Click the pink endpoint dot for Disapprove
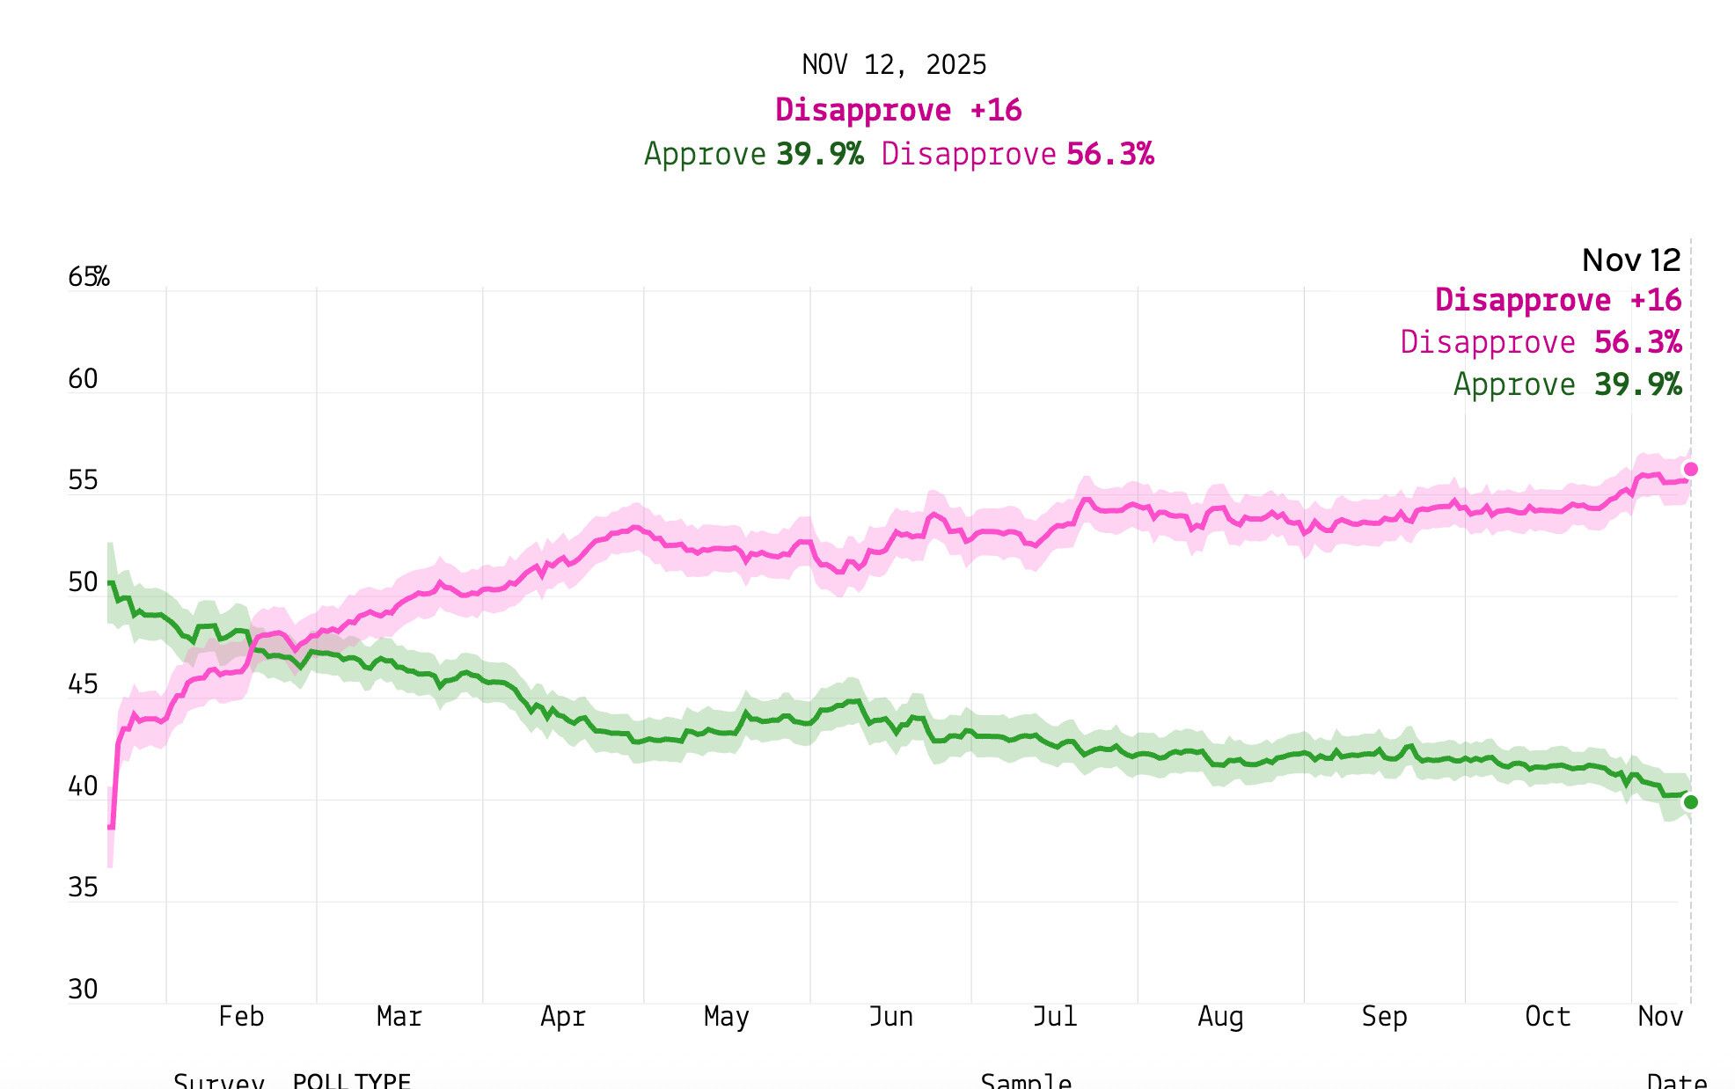click(x=1690, y=470)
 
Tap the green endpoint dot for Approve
click(x=1690, y=802)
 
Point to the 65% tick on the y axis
click(x=88, y=277)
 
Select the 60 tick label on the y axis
click(x=83, y=379)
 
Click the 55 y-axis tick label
click(x=83, y=480)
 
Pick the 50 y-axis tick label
click(x=83, y=582)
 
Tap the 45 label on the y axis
click(x=83, y=684)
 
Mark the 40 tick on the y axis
click(x=83, y=786)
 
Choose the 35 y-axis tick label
click(x=83, y=888)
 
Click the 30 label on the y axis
click(x=83, y=990)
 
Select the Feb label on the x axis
click(x=241, y=1017)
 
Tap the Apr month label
click(x=563, y=1017)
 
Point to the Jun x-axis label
click(x=890, y=1017)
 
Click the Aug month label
click(x=1220, y=1017)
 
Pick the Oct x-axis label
click(x=1548, y=1017)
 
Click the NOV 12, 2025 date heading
click(x=894, y=65)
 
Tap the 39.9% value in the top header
click(x=820, y=154)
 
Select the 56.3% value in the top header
click(x=1109, y=154)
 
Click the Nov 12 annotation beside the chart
click(x=1631, y=260)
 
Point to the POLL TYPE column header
click(x=352, y=1081)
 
